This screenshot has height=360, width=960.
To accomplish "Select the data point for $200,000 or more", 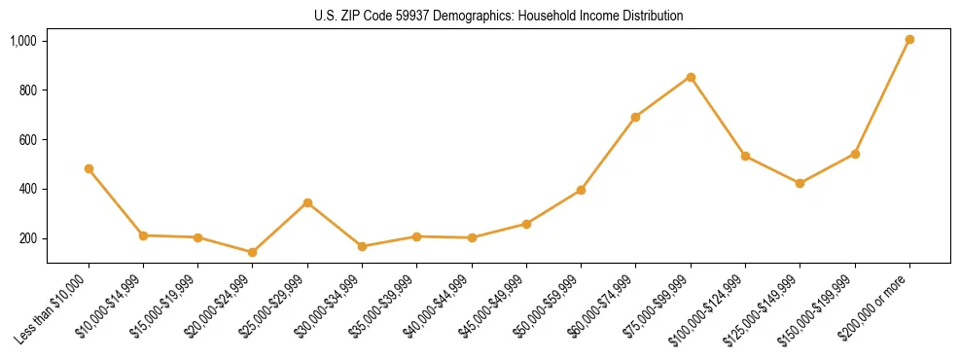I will (x=909, y=40).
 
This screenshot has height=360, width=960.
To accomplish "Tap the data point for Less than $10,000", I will (x=89, y=168).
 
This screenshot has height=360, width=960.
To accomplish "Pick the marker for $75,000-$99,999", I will (x=691, y=77).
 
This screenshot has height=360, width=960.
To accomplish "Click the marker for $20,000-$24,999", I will (x=253, y=252).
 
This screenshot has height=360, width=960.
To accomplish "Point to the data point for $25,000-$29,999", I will (x=307, y=202).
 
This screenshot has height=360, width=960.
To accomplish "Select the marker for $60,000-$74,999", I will (x=636, y=117).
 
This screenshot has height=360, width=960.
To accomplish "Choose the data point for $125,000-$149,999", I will (x=800, y=183).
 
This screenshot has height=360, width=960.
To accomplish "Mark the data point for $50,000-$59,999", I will (x=581, y=190).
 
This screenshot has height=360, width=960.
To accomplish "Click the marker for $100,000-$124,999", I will (x=745, y=156).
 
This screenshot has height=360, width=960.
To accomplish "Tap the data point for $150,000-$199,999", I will (x=855, y=154).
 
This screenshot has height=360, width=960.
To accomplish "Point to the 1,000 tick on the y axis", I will (x=23, y=41).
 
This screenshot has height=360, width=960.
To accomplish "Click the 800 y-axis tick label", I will (x=27, y=90).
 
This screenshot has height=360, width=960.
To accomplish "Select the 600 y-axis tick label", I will (x=27, y=140).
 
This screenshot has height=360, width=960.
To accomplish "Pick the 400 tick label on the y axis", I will (x=27, y=189).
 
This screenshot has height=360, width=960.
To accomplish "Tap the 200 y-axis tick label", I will (x=27, y=238).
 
